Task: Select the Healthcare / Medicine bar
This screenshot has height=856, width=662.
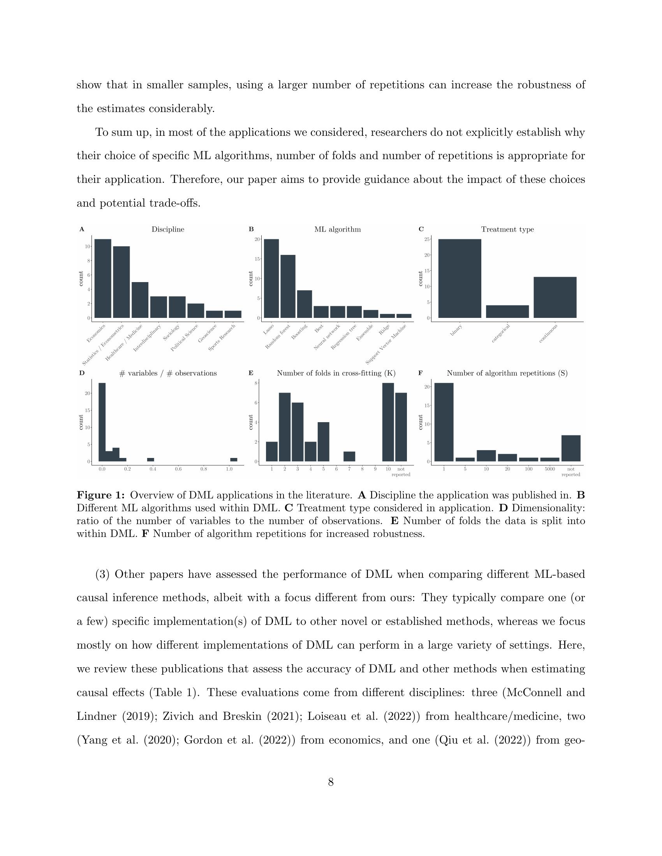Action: click(140, 300)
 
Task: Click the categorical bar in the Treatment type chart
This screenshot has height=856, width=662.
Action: click(507, 312)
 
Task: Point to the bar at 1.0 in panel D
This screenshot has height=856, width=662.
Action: click(234, 460)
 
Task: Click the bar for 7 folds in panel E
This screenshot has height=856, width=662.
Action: click(349, 457)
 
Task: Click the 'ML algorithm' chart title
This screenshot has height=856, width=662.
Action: click(337, 229)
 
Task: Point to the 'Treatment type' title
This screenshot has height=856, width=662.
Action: click(507, 229)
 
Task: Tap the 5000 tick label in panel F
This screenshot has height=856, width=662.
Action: click(549, 469)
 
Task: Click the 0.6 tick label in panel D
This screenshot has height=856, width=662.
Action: click(178, 469)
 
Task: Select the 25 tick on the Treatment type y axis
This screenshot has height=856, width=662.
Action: click(427, 239)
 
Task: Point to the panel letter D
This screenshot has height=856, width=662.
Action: click(81, 373)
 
